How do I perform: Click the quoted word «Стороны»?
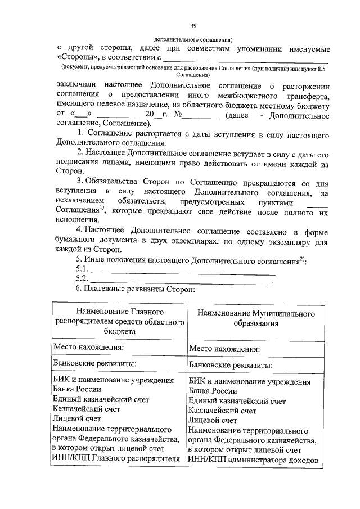click(x=80, y=58)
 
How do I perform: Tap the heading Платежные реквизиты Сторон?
click(x=139, y=289)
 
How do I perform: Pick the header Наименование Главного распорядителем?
click(x=120, y=321)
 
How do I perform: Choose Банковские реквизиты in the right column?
click(x=231, y=365)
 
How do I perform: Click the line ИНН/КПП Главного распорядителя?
click(x=116, y=458)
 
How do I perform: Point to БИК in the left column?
click(x=60, y=380)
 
